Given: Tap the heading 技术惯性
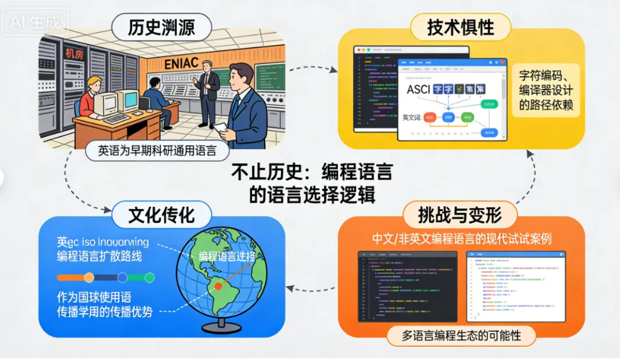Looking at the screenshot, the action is point(460,27).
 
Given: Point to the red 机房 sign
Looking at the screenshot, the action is point(74,54).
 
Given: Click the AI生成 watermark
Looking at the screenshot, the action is point(34,22).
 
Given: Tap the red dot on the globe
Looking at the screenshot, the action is point(218,285).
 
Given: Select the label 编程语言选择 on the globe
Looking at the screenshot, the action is point(227,257).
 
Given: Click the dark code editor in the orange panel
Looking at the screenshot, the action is point(408,286).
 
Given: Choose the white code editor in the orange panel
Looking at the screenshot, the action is point(516,286).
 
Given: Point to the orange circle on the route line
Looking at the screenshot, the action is point(89,278).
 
